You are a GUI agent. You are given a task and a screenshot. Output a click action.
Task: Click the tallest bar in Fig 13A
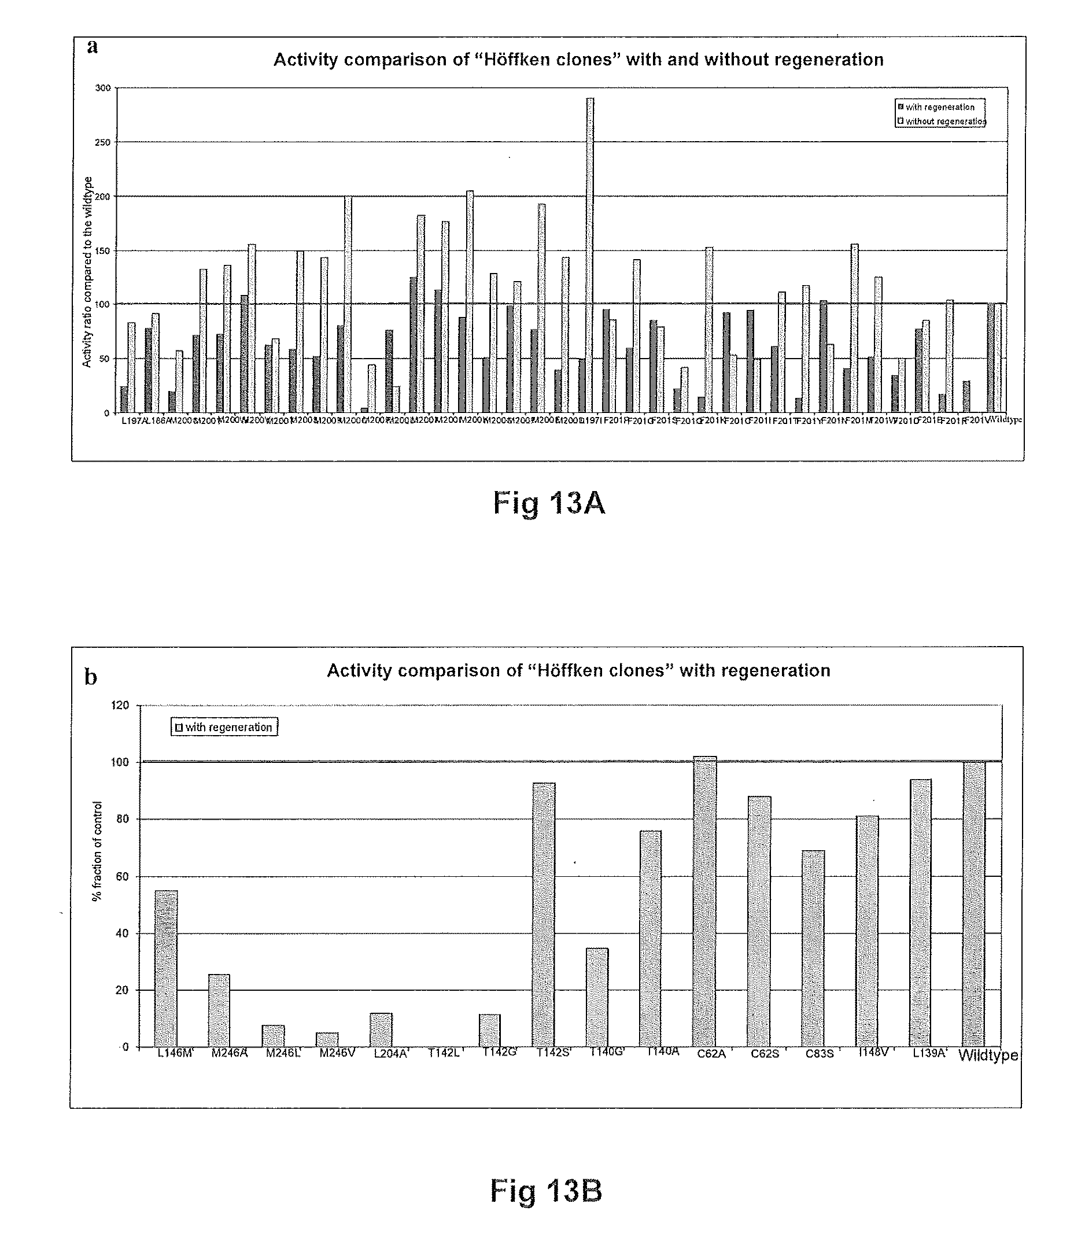click(590, 254)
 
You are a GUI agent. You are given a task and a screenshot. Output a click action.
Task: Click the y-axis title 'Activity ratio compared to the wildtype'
click(87, 272)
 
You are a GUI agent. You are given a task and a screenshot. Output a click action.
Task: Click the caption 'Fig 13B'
click(545, 1191)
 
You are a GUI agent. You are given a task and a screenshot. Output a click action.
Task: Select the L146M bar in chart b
click(167, 969)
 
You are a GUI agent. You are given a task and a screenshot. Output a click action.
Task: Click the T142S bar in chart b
click(543, 915)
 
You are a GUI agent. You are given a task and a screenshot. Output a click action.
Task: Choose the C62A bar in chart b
click(704, 902)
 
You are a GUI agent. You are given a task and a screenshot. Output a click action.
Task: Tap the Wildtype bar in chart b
click(974, 905)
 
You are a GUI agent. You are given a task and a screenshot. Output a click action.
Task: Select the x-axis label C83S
click(820, 1054)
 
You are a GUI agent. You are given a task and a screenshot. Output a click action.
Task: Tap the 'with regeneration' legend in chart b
click(224, 728)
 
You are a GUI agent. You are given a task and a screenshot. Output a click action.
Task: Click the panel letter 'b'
click(91, 677)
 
